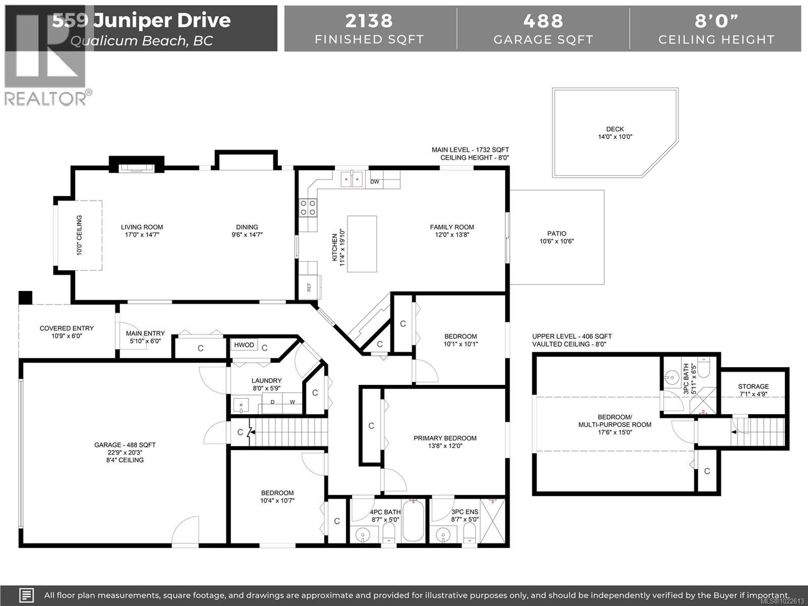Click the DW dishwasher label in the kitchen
click(x=374, y=182)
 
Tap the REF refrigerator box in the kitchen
click(x=309, y=287)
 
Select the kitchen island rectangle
click(x=362, y=244)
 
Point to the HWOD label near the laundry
click(x=244, y=345)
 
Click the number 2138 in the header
click(x=369, y=21)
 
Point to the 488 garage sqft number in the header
click(x=543, y=21)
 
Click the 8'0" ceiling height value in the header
click(x=716, y=21)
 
